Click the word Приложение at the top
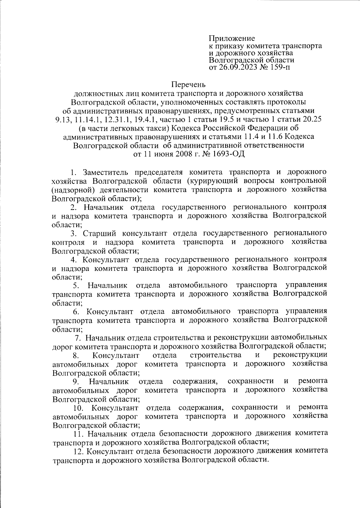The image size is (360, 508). (x=232, y=38)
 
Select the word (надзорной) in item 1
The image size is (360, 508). (x=70, y=190)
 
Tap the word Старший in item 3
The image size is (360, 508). (x=97, y=233)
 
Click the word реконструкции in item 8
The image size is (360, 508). (x=300, y=355)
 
